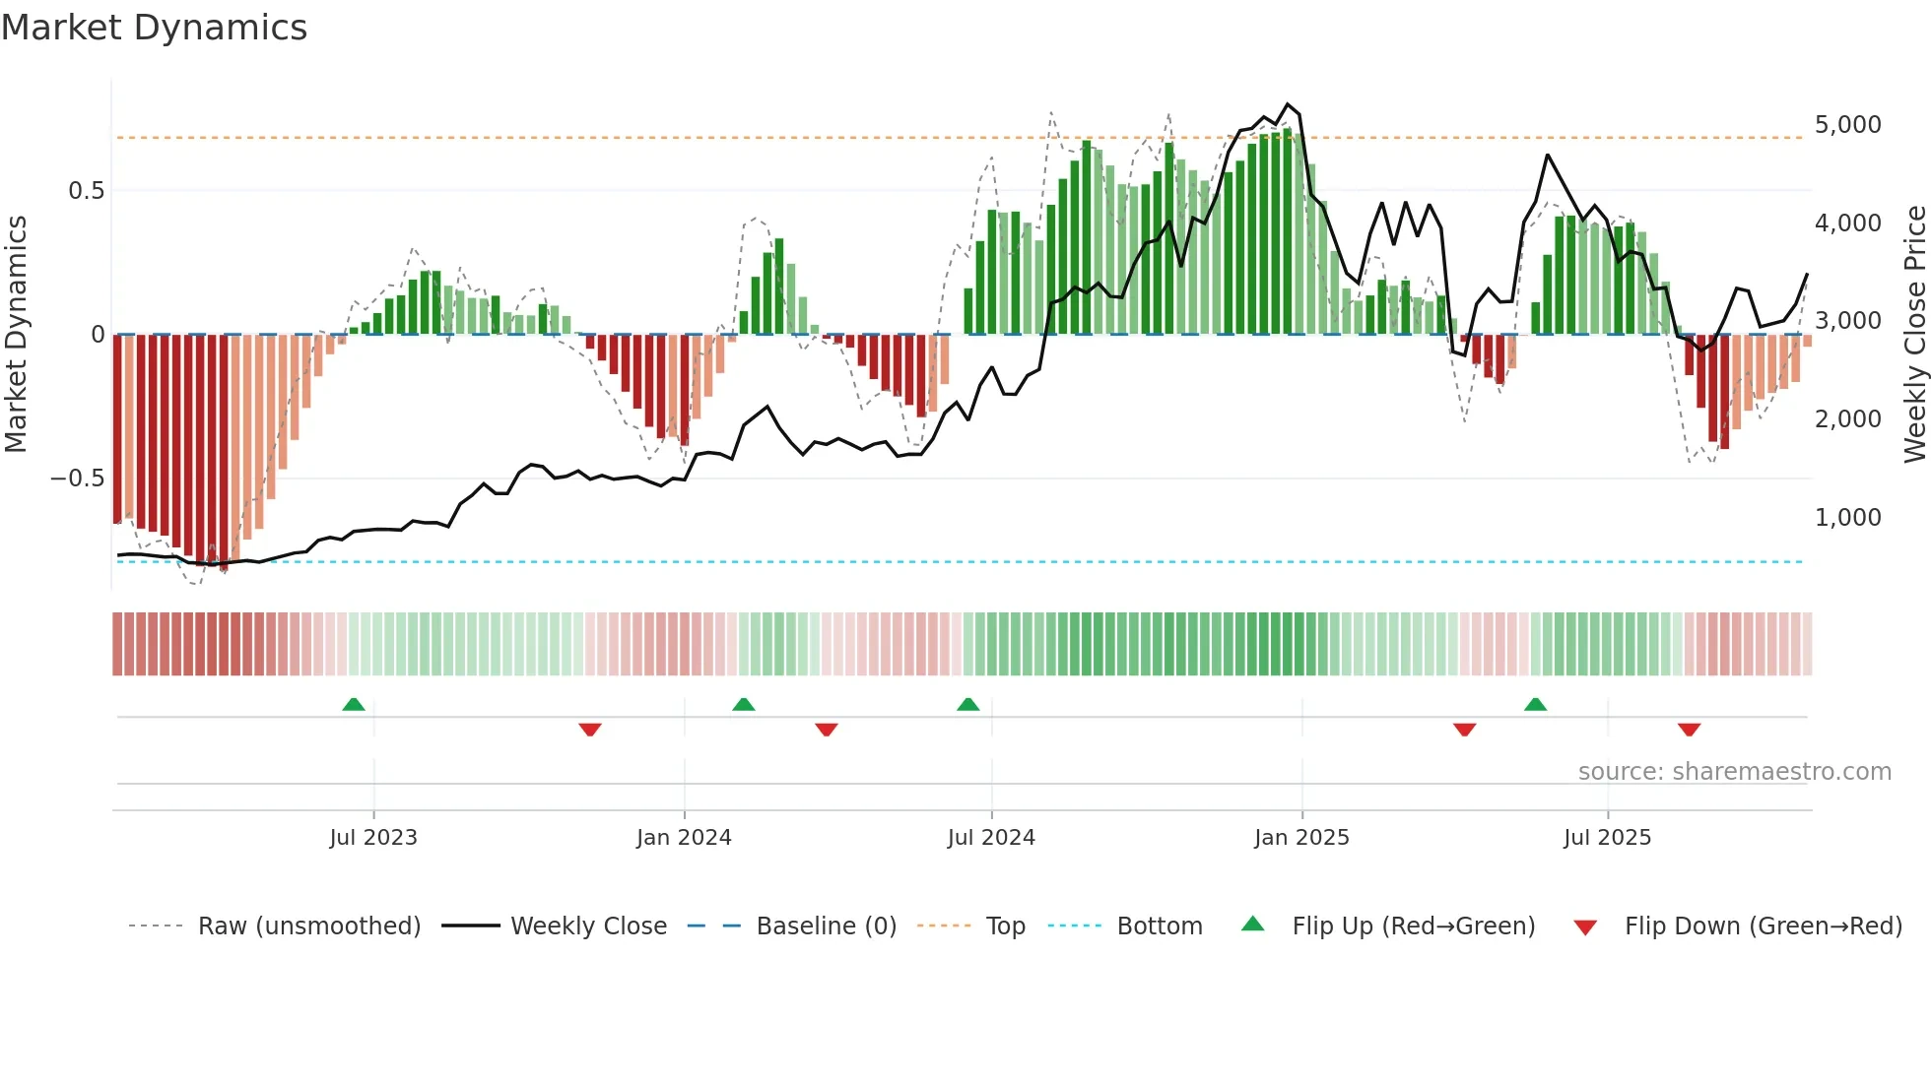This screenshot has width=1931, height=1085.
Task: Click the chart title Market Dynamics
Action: point(154,28)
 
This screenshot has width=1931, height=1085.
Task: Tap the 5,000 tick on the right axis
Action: point(1847,125)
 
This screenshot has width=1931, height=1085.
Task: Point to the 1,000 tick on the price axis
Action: point(1847,518)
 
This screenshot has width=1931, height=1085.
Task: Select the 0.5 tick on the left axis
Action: point(86,191)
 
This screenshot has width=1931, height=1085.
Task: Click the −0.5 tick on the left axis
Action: point(77,479)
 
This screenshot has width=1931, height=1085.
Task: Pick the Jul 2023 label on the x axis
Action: point(373,838)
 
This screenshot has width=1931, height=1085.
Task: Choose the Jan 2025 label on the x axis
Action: point(1301,838)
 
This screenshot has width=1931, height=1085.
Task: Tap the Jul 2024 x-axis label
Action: point(991,838)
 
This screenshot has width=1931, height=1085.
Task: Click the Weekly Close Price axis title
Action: point(1914,334)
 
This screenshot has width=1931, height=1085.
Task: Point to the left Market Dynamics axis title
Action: point(16,334)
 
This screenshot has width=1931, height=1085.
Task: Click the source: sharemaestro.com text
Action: point(1734,772)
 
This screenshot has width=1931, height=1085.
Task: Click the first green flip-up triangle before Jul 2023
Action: point(354,704)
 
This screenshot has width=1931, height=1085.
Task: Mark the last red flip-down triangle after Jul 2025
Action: point(1689,730)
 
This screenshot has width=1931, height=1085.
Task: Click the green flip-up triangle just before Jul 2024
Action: point(968,704)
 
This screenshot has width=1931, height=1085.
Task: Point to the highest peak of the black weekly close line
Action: point(1288,103)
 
